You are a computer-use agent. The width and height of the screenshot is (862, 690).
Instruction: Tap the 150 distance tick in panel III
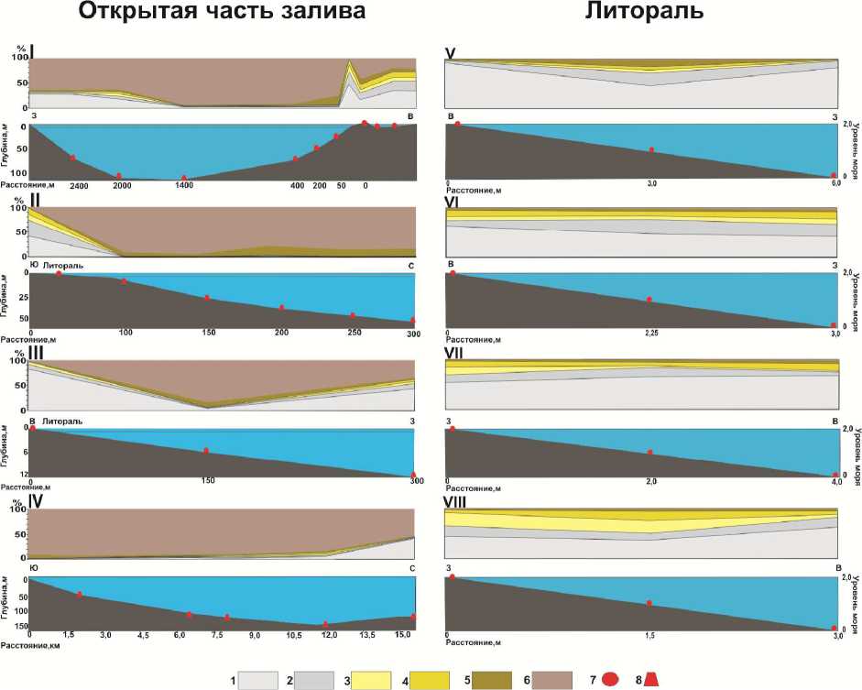208,480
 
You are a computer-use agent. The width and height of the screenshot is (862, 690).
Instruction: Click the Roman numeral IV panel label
37,500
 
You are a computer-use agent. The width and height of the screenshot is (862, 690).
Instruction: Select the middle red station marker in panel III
206,451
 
